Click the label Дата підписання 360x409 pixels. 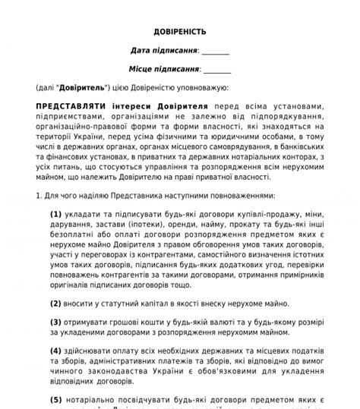[163, 50]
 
